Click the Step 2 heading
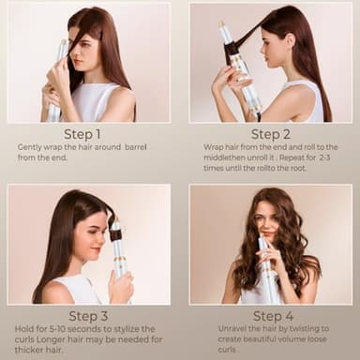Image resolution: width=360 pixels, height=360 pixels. pos(270,133)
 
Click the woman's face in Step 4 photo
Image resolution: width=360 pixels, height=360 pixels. pos(268,225)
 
